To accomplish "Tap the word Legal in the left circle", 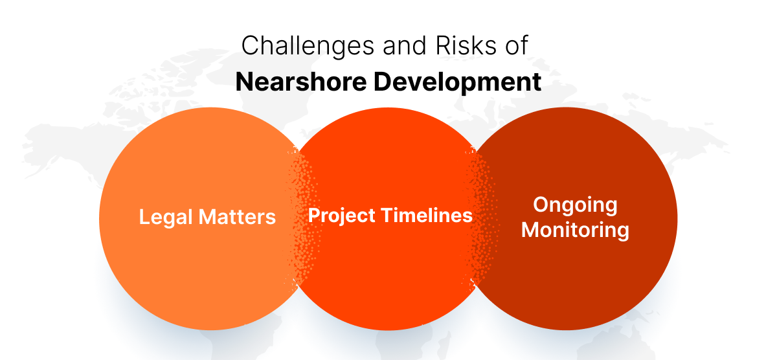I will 165,217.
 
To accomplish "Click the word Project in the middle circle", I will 341,216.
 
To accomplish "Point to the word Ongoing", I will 575,205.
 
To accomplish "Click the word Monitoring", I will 575,230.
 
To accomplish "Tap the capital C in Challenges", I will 250,47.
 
